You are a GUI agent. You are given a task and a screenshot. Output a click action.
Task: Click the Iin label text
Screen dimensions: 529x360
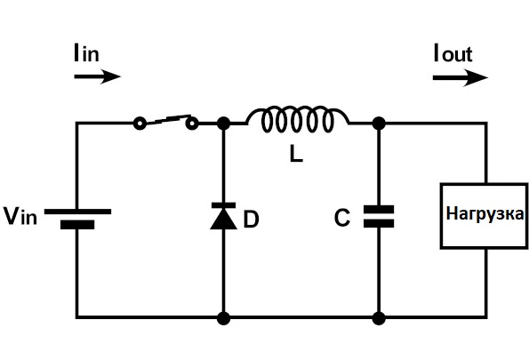tap(86, 53)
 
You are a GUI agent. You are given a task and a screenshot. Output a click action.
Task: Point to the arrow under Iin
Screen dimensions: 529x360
tap(97, 76)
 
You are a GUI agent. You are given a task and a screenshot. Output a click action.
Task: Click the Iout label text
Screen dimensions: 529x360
tap(453, 53)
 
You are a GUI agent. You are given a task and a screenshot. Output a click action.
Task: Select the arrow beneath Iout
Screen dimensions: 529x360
tap(461, 78)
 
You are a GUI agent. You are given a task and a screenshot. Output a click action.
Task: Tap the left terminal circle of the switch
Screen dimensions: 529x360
tap(140, 124)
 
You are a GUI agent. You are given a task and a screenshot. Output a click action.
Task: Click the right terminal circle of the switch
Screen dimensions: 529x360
tap(192, 124)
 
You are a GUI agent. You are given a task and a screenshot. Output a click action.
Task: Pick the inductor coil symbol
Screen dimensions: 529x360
tap(298, 119)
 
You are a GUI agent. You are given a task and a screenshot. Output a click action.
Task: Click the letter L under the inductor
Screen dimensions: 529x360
tap(296, 156)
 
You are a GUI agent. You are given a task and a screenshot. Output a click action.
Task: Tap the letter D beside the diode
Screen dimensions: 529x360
tap(251, 220)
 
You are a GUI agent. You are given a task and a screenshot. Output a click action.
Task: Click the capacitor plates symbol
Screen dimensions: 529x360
tap(379, 216)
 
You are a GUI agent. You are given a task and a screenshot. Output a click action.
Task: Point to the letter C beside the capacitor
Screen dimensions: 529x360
tap(342, 218)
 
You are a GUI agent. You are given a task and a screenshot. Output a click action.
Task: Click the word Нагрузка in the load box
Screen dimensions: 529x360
tap(485, 214)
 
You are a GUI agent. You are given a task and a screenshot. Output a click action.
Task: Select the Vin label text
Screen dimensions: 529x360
tap(20, 216)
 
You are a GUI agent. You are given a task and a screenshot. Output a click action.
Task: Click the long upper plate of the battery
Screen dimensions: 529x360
tap(77, 212)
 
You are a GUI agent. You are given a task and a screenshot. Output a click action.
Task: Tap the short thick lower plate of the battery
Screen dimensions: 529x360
tap(77, 225)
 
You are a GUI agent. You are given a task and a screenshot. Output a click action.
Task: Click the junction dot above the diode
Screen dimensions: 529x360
tap(223, 124)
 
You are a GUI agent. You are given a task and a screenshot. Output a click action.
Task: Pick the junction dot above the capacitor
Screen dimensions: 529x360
tap(379, 124)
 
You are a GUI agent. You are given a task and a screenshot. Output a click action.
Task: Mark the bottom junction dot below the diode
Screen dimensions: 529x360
tap(223, 318)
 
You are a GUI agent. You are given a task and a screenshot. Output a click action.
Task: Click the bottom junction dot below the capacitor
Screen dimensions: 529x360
tap(379, 318)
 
